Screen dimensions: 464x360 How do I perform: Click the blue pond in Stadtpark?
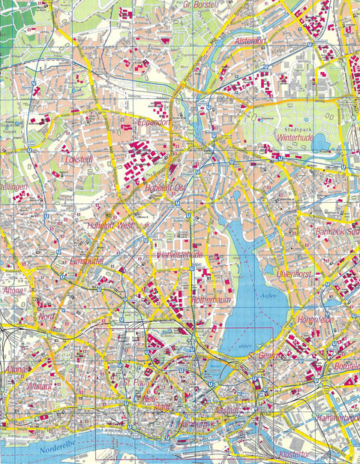click(320, 140)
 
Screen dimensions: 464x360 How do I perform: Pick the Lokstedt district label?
click(82, 160)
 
